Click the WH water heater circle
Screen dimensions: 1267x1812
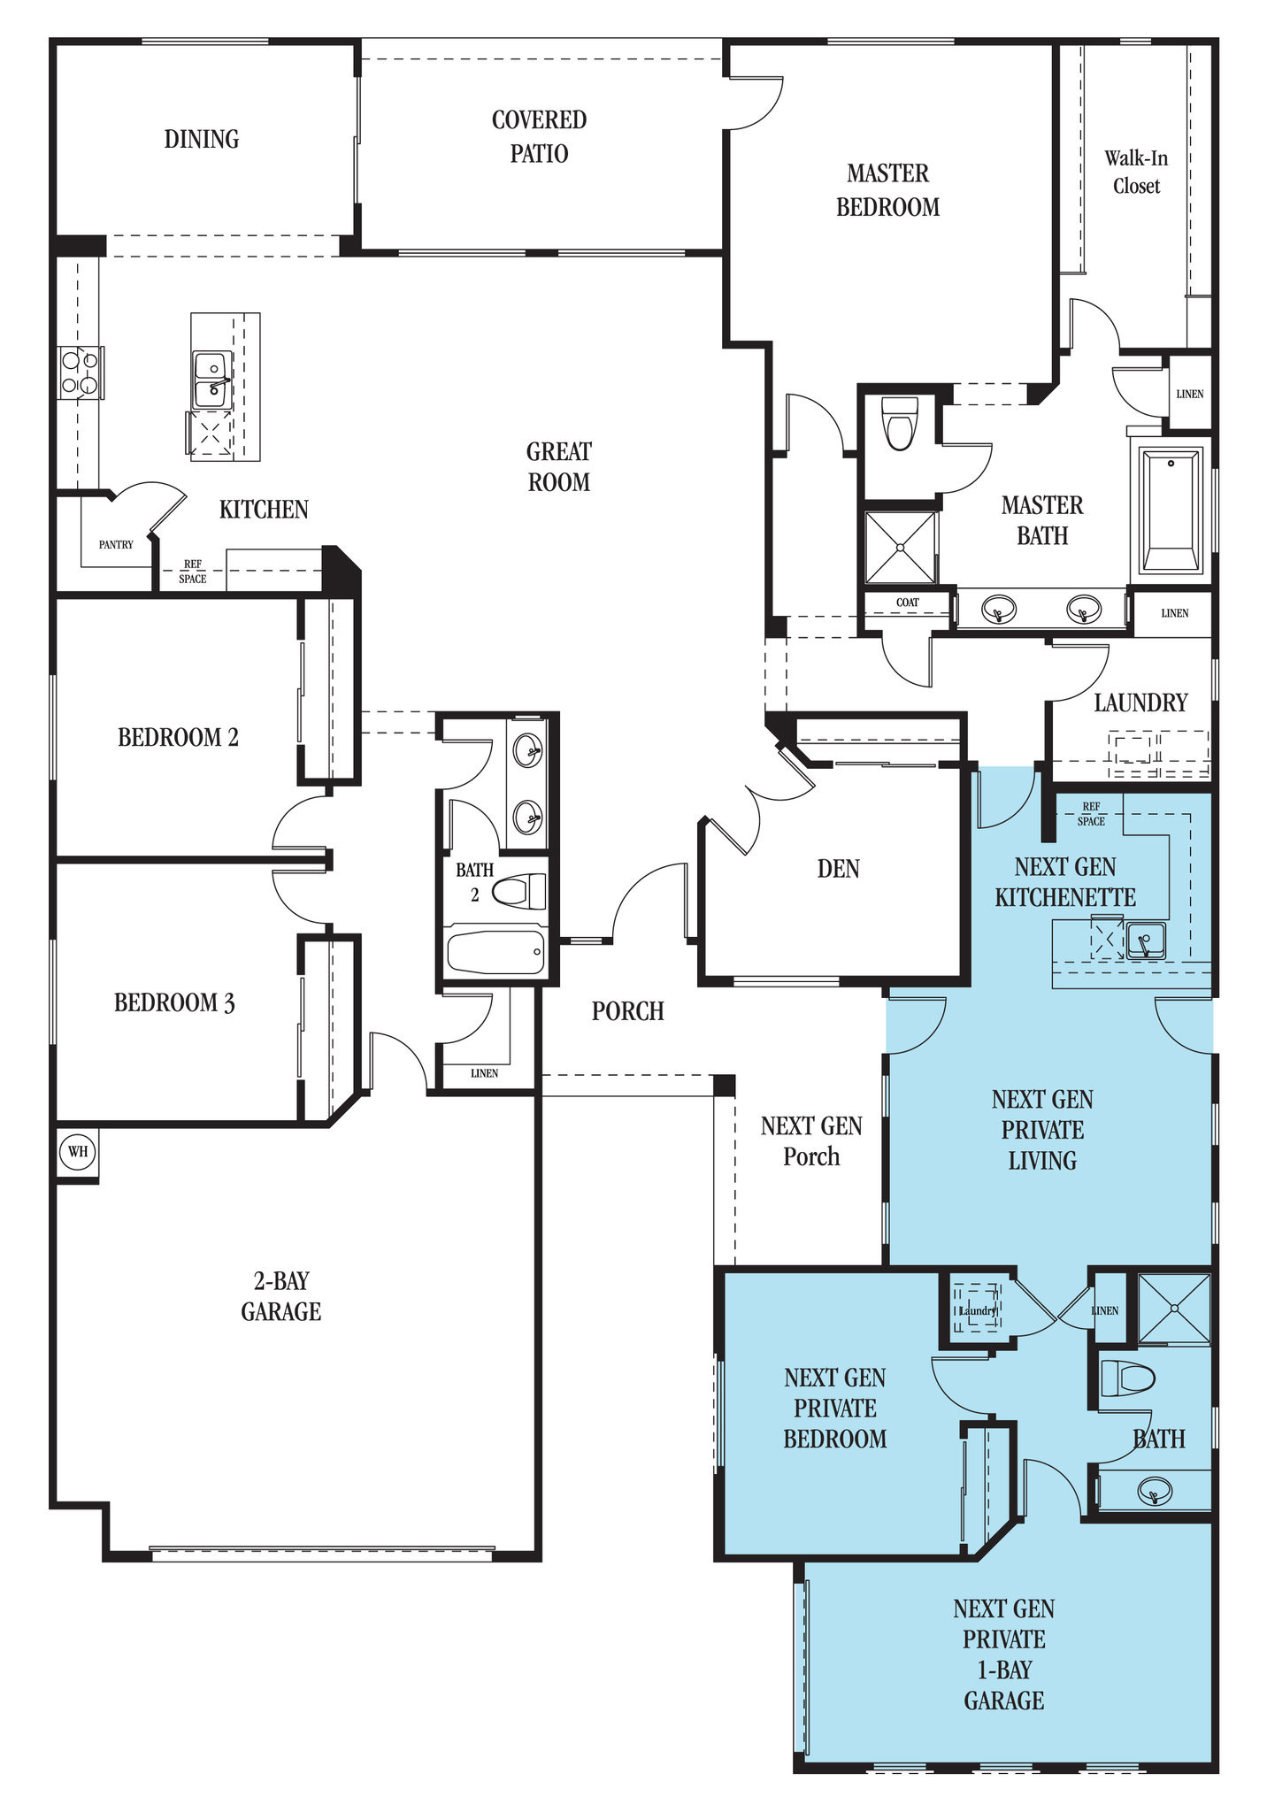pos(78,1152)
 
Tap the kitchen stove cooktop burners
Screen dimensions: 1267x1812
pos(81,372)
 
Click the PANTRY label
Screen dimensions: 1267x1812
pos(116,545)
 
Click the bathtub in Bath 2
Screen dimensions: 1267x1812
pos(496,952)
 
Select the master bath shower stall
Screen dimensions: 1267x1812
pos(900,548)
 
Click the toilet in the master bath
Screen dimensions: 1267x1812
pos(900,423)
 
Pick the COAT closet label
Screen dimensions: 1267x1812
pos(908,603)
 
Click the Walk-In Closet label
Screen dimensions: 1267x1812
pos(1136,172)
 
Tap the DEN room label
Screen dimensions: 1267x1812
pos(838,869)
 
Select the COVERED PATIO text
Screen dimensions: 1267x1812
pos(539,136)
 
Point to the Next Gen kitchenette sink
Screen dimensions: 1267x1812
pos(1145,941)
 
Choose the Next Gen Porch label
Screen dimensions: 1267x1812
pos(811,1141)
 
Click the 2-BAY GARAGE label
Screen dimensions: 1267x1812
pos(280,1296)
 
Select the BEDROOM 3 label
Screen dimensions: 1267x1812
pos(174,1002)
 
